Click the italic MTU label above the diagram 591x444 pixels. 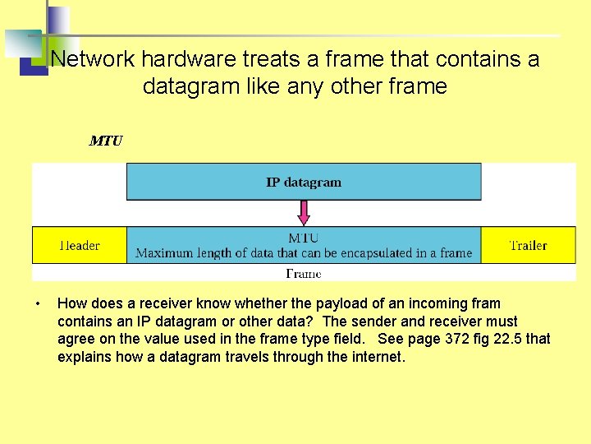coord(106,141)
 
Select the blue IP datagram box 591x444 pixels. coord(304,182)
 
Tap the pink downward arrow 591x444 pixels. coord(304,213)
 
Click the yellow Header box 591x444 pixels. coord(80,245)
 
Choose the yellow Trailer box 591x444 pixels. coord(528,245)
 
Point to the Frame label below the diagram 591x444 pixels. coord(304,273)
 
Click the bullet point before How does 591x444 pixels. coord(38,304)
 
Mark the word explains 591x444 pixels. coord(85,357)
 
